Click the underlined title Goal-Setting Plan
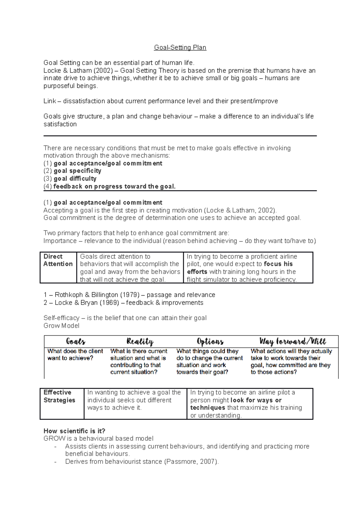click(180, 48)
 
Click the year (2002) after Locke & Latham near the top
click(103, 71)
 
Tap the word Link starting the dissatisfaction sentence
click(49, 101)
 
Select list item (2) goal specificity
click(72, 171)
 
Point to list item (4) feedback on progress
click(109, 186)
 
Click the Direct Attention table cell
click(58, 260)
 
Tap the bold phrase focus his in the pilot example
click(278, 264)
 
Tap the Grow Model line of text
click(61, 326)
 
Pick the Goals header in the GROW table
click(76, 341)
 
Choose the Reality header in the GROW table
click(140, 341)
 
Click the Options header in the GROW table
click(210, 341)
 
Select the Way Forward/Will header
click(292, 341)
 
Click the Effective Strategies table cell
click(59, 396)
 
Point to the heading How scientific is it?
click(74, 431)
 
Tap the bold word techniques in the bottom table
click(208, 408)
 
